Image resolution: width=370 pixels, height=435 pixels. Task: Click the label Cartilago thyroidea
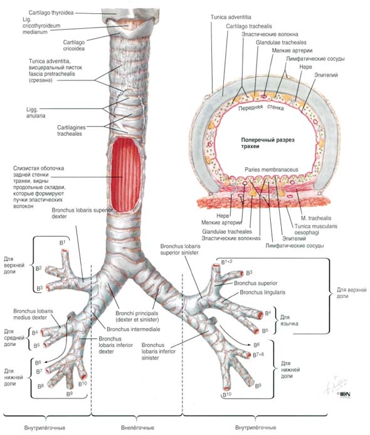51,13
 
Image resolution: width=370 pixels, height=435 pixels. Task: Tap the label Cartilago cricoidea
74,45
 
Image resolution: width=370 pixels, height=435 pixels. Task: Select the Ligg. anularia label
36,113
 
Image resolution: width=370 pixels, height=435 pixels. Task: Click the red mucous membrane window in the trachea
126,175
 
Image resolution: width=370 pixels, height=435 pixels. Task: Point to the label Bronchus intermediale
134,329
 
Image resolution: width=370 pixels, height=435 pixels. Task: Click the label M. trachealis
316,218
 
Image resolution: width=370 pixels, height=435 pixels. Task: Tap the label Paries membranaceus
272,170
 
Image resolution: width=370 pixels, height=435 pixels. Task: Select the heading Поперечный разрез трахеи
268,143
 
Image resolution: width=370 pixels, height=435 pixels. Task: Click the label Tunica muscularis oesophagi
316,229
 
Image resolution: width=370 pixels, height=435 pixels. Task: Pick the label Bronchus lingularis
262,292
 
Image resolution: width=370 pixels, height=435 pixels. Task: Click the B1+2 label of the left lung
226,262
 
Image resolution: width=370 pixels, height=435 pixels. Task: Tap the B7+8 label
258,355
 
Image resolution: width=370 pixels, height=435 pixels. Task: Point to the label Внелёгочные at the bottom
137,427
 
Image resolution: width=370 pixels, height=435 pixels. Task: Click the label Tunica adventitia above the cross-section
231,17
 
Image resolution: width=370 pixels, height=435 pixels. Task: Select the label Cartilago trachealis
249,26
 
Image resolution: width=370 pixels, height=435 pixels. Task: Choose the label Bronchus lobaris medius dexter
33,314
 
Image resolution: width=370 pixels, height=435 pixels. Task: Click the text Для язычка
289,321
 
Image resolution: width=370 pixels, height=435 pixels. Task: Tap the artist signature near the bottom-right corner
336,386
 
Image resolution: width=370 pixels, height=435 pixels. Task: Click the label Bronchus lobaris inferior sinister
159,351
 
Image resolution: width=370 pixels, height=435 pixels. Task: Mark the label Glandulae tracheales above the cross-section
281,43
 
